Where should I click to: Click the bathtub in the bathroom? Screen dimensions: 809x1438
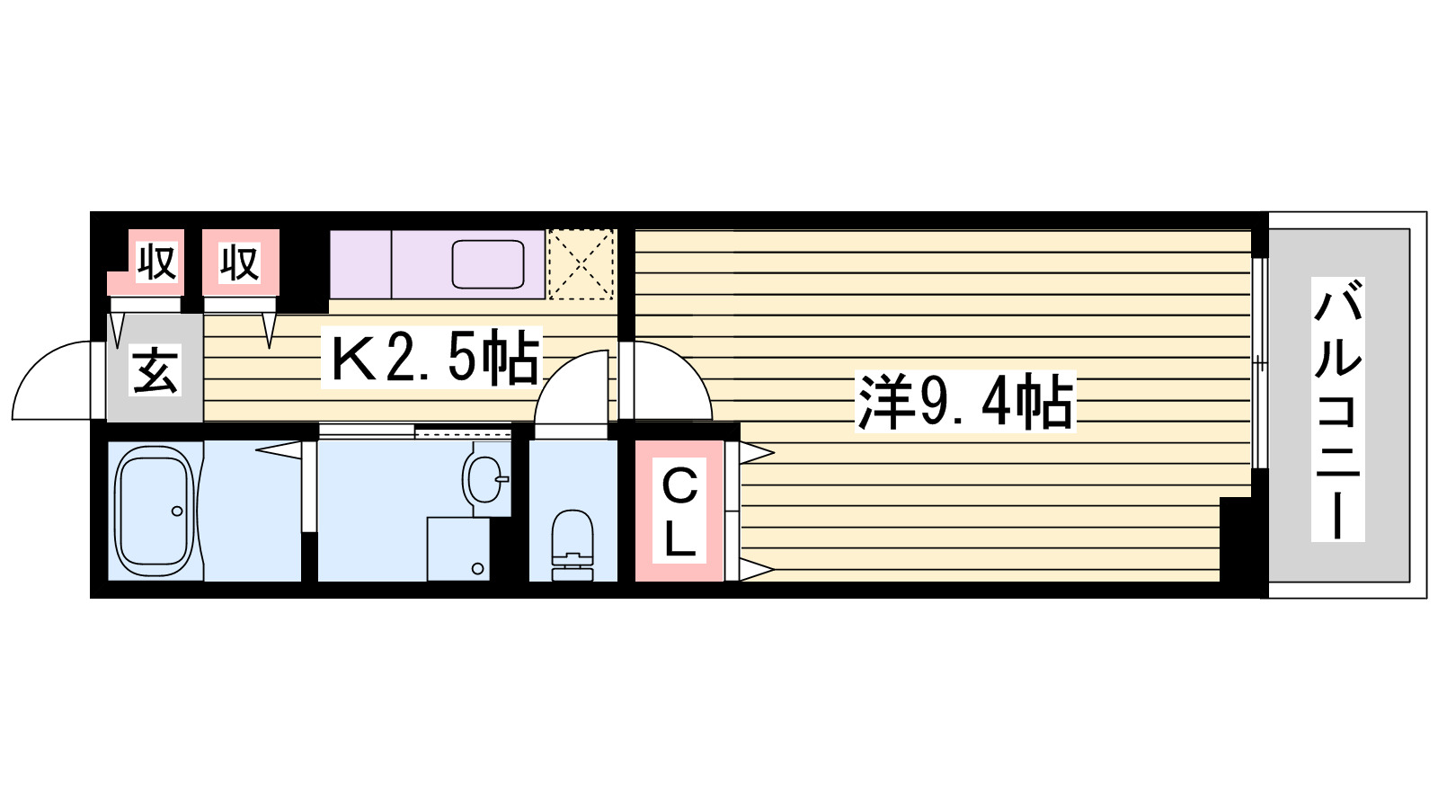tap(155, 511)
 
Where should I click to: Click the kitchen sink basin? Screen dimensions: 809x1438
tap(488, 264)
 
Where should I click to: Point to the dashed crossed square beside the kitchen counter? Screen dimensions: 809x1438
tap(581, 264)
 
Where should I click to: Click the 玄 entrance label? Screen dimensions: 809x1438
tap(155, 370)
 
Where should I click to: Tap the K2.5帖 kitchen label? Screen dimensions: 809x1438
tap(434, 358)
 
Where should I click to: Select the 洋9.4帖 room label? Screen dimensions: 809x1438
tap(965, 402)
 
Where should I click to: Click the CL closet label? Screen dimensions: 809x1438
tap(679, 512)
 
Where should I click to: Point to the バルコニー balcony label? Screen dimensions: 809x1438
tap(1337, 409)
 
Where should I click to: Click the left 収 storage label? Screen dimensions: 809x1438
tap(155, 262)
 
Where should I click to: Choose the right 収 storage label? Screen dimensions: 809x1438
tap(240, 262)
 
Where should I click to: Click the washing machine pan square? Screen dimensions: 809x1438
tap(457, 548)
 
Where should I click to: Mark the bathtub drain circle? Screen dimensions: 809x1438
tap(177, 511)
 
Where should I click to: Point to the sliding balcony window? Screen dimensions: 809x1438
tap(1259, 363)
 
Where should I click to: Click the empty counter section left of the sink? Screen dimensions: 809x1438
tap(360, 264)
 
